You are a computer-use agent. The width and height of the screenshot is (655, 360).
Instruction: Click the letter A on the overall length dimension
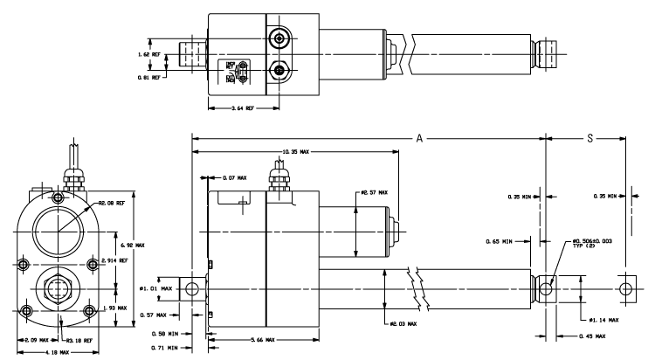point(421,137)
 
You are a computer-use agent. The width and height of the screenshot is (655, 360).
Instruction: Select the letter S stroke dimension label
point(585,137)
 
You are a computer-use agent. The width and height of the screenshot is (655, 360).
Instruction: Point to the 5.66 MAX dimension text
point(234,338)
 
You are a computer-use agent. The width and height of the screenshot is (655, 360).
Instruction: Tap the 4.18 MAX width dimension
point(37,351)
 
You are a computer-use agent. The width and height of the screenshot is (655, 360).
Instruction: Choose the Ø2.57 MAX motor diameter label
point(374,192)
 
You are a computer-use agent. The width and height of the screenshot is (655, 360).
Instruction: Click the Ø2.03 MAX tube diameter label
point(402,324)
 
